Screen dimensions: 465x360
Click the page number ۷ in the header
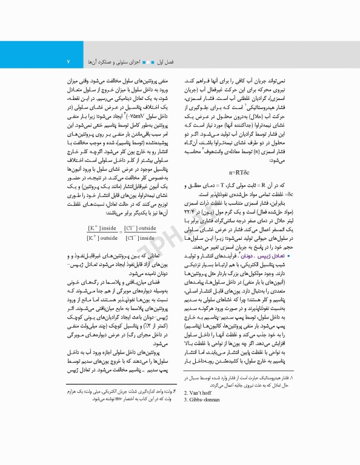(68, 62)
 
